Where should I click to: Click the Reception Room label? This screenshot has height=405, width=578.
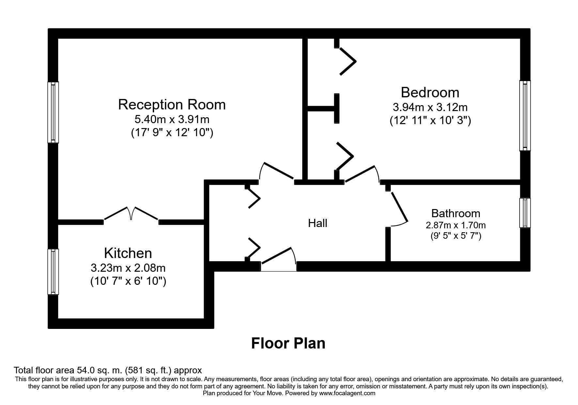click(x=172, y=105)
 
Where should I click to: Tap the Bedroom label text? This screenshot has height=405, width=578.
click(x=430, y=92)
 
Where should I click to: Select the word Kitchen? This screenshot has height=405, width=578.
click(x=128, y=253)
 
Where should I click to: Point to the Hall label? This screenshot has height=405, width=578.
click(x=318, y=223)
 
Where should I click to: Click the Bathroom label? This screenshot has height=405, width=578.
click(x=456, y=213)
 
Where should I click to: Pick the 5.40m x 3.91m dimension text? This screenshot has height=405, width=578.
click(x=172, y=120)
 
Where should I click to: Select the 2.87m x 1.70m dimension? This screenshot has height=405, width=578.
click(x=456, y=225)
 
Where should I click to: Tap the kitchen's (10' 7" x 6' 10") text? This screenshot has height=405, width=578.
click(x=128, y=281)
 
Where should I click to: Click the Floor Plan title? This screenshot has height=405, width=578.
click(x=288, y=343)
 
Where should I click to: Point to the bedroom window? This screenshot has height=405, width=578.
click(x=525, y=116)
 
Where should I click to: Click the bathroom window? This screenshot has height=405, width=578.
click(x=525, y=213)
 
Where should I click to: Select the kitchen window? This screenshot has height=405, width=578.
click(x=53, y=272)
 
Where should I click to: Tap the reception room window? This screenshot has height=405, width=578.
click(x=53, y=112)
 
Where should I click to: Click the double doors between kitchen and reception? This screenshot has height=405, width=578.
click(x=131, y=214)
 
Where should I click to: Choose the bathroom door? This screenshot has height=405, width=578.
click(x=398, y=209)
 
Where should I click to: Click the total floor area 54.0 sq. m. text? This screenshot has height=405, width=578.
click(x=108, y=370)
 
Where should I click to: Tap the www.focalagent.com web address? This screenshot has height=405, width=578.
click(x=347, y=393)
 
